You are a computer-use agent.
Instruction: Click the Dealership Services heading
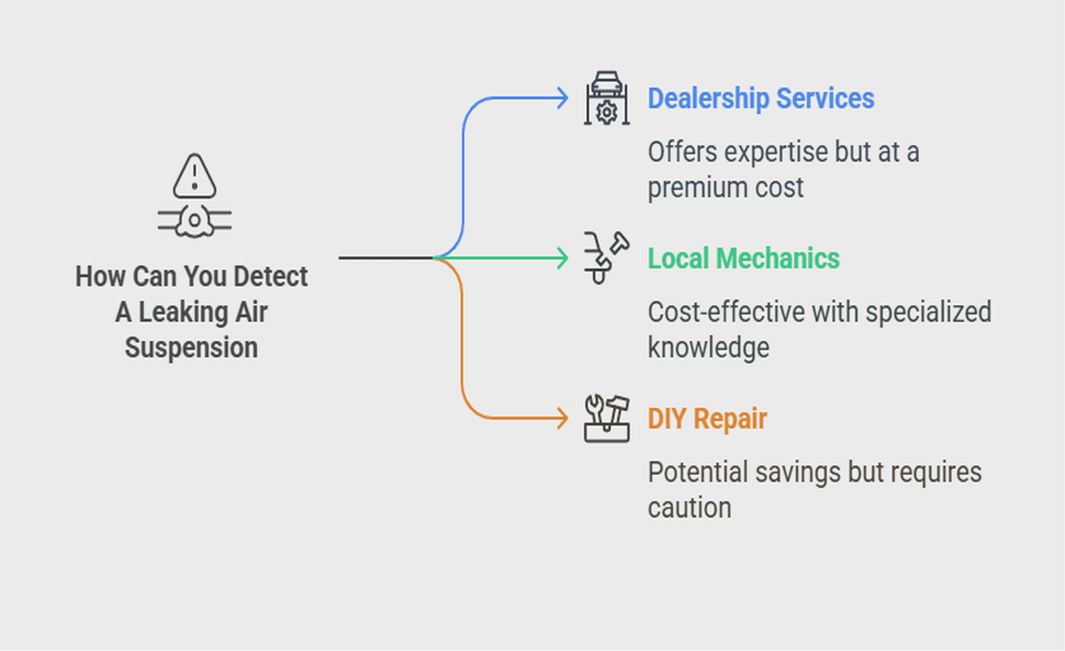click(760, 98)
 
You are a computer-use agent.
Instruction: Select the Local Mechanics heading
click(743, 258)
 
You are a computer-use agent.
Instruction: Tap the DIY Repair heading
click(707, 419)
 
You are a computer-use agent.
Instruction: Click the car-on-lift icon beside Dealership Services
click(606, 98)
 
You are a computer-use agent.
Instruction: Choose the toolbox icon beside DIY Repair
click(606, 418)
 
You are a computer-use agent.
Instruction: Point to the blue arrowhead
click(562, 98)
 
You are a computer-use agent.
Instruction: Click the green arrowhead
click(562, 258)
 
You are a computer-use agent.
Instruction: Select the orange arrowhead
click(562, 419)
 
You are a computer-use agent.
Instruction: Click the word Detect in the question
click(271, 276)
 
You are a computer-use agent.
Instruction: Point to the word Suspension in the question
click(191, 348)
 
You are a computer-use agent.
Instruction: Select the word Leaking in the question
click(190, 313)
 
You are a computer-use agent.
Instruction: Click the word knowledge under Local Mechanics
click(708, 348)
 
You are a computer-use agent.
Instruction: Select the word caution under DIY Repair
click(690, 508)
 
